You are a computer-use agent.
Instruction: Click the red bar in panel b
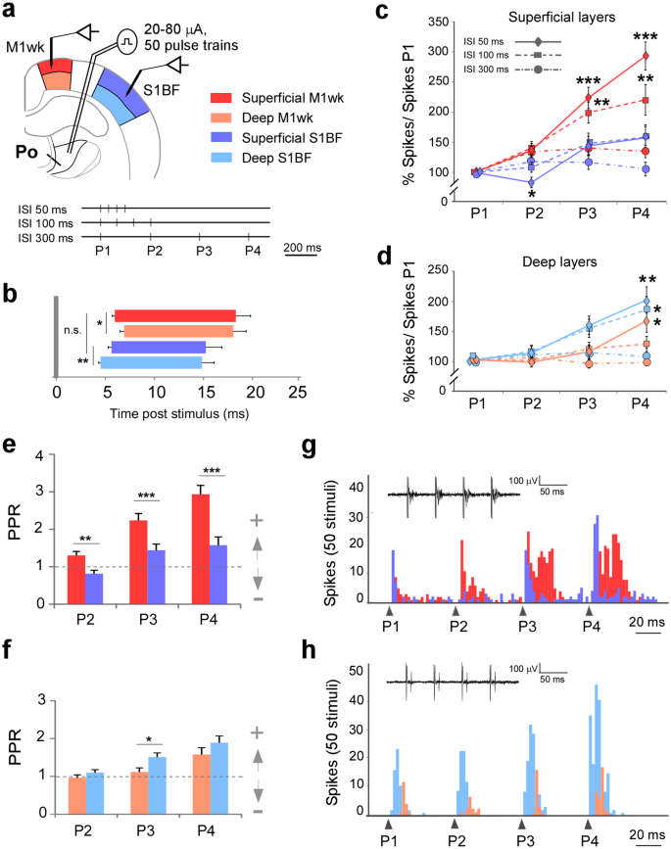pos(175,314)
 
